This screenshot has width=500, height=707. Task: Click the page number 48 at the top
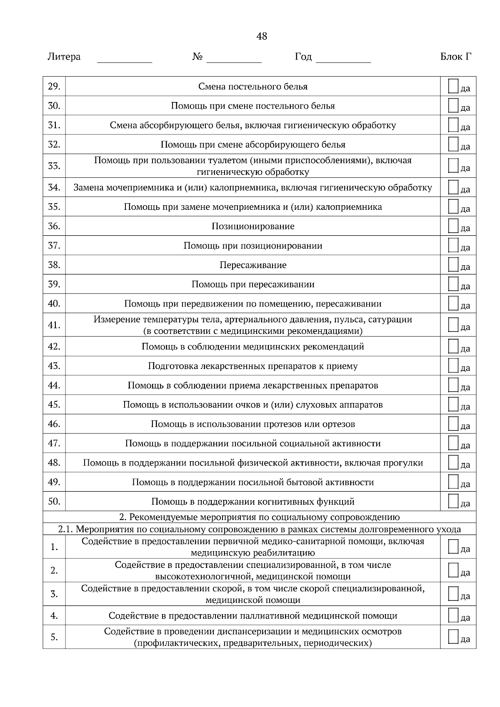point(261,37)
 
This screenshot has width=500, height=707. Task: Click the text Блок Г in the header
point(456,57)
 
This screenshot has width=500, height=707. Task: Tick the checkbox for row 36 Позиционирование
point(453,226)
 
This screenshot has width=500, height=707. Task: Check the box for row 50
point(453,501)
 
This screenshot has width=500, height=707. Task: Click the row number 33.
point(54,166)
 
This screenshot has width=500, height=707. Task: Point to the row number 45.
point(54,405)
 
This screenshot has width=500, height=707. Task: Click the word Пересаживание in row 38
point(253,265)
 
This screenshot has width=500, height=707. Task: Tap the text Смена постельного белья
point(253,87)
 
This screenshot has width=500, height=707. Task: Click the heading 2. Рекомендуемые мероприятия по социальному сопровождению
point(259,517)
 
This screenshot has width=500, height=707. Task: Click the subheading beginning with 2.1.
point(259,530)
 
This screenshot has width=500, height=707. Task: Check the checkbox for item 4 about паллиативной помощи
point(453,615)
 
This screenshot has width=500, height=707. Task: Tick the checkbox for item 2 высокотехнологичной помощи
point(453,570)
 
